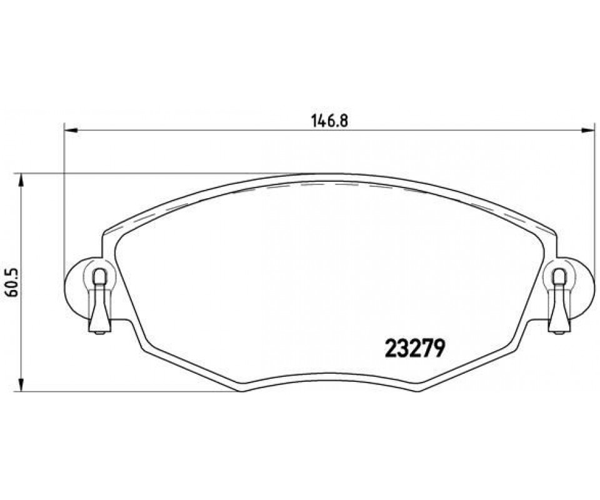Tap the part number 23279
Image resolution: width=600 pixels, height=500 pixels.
pyautogui.click(x=415, y=349)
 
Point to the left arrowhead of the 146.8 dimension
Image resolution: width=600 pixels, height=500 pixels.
pyautogui.click(x=71, y=131)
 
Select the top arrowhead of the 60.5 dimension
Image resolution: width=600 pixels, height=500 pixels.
pyautogui.click(x=22, y=181)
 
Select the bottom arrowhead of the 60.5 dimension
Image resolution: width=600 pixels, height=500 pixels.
pyautogui.click(x=22, y=384)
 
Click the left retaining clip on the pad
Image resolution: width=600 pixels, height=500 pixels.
pyautogui.click(x=100, y=300)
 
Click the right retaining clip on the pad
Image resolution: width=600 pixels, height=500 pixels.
pyautogui.click(x=559, y=300)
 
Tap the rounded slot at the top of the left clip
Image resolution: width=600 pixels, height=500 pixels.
pyautogui.click(x=100, y=276)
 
